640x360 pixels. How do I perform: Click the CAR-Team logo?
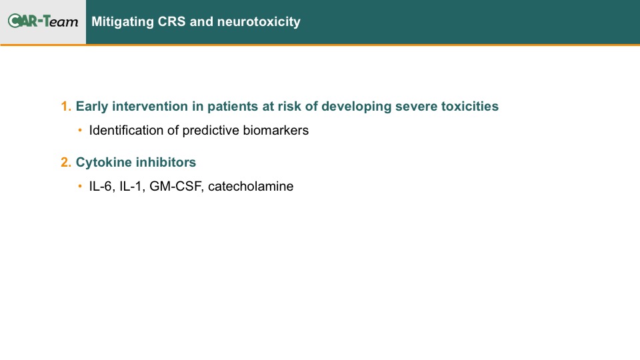click(x=43, y=21)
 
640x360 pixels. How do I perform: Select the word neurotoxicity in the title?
click(x=259, y=21)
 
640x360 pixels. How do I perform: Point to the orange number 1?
click(x=66, y=106)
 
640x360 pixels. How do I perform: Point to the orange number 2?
click(x=66, y=162)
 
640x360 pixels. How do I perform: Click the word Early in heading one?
click(x=92, y=107)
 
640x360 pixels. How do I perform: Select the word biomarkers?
click(x=276, y=130)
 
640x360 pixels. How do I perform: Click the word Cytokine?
click(x=104, y=163)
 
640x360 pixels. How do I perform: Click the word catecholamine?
click(x=251, y=186)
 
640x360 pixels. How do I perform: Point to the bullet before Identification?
click(x=80, y=130)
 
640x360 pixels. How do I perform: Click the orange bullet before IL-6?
click(x=80, y=186)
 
